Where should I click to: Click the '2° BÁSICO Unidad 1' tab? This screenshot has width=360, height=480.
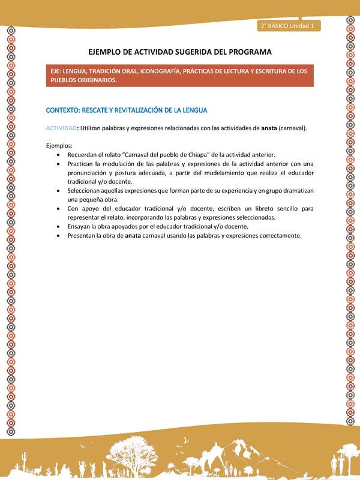coord(289,26)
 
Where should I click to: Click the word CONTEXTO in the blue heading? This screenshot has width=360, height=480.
coord(65,110)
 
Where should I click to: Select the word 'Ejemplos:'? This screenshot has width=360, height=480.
coord(59,146)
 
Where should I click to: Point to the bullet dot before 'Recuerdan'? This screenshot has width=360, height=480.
coord(57,155)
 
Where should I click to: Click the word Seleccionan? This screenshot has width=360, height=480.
coord(85,191)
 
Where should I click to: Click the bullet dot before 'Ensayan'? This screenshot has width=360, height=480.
coord(57,227)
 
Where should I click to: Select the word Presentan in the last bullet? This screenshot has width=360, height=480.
coord(82,236)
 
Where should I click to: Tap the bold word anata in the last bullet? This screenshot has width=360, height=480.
coord(133,236)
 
